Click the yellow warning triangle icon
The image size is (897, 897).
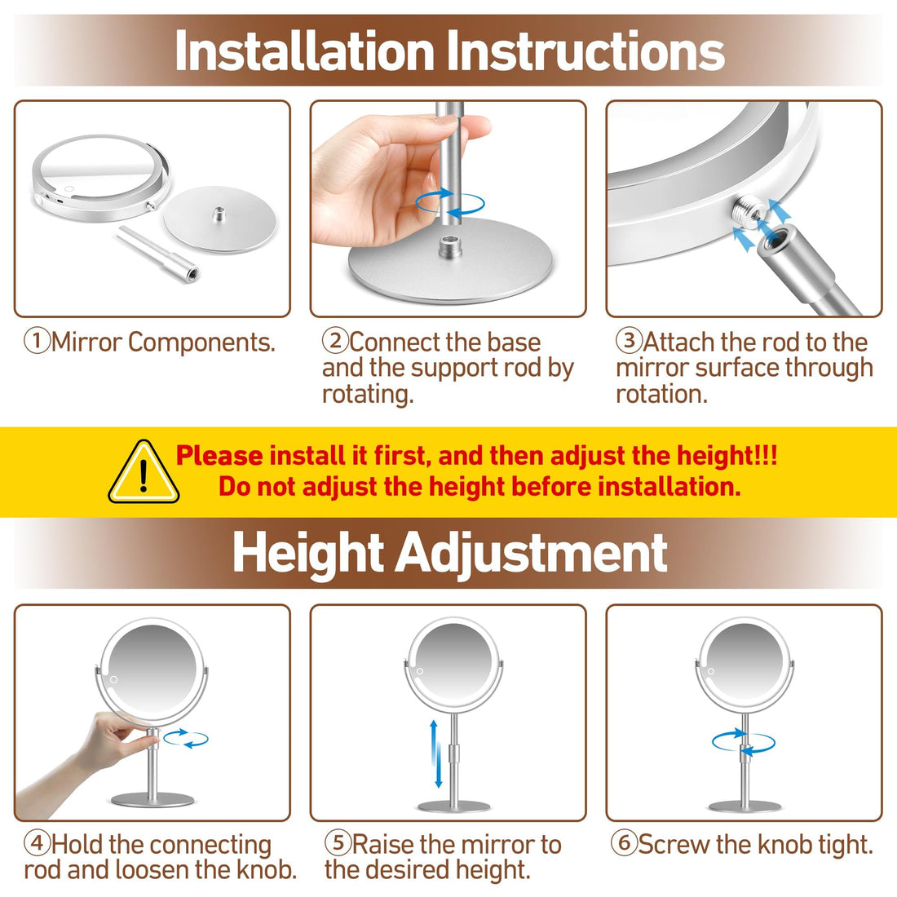(144, 474)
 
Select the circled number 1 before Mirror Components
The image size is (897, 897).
(37, 342)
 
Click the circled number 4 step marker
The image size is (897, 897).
(37, 844)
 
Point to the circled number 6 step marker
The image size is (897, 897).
(624, 844)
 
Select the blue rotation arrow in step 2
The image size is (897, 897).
(449, 203)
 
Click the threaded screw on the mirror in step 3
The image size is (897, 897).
(746, 214)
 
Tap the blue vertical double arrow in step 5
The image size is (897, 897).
(438, 753)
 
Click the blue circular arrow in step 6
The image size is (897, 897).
(743, 741)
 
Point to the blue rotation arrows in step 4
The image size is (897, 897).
(186, 739)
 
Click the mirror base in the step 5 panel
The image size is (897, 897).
(453, 806)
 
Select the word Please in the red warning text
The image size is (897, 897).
(219, 456)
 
